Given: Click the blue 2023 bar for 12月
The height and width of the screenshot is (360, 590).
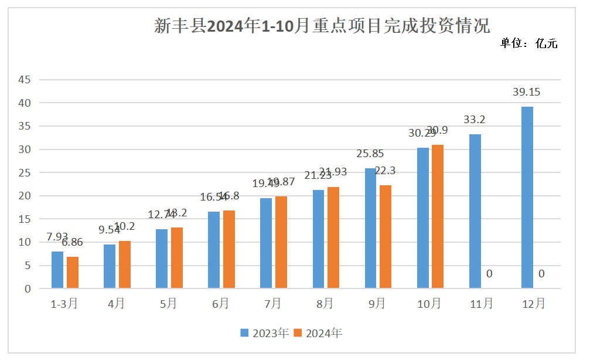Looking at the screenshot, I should coord(527,198).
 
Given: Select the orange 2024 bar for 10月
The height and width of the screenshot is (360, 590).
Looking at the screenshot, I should coord(438,216).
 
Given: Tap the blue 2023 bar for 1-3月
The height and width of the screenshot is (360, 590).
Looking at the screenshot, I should coord(57,270).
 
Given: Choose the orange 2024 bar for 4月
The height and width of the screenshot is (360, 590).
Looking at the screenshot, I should coord(125,264).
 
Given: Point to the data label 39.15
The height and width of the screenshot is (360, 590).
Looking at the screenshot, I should coord(527,92).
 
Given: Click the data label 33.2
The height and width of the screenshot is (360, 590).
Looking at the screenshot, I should coord(475,120).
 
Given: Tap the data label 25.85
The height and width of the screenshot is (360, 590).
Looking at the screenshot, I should coord(371,154).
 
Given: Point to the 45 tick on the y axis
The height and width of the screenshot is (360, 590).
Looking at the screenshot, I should coord(24,80).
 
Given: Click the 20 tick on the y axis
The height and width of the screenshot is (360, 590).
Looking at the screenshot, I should coord(24,196).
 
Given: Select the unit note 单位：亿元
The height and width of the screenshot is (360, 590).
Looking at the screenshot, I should coord(528,43).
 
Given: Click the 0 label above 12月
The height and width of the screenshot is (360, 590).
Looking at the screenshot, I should coord(541,274).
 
